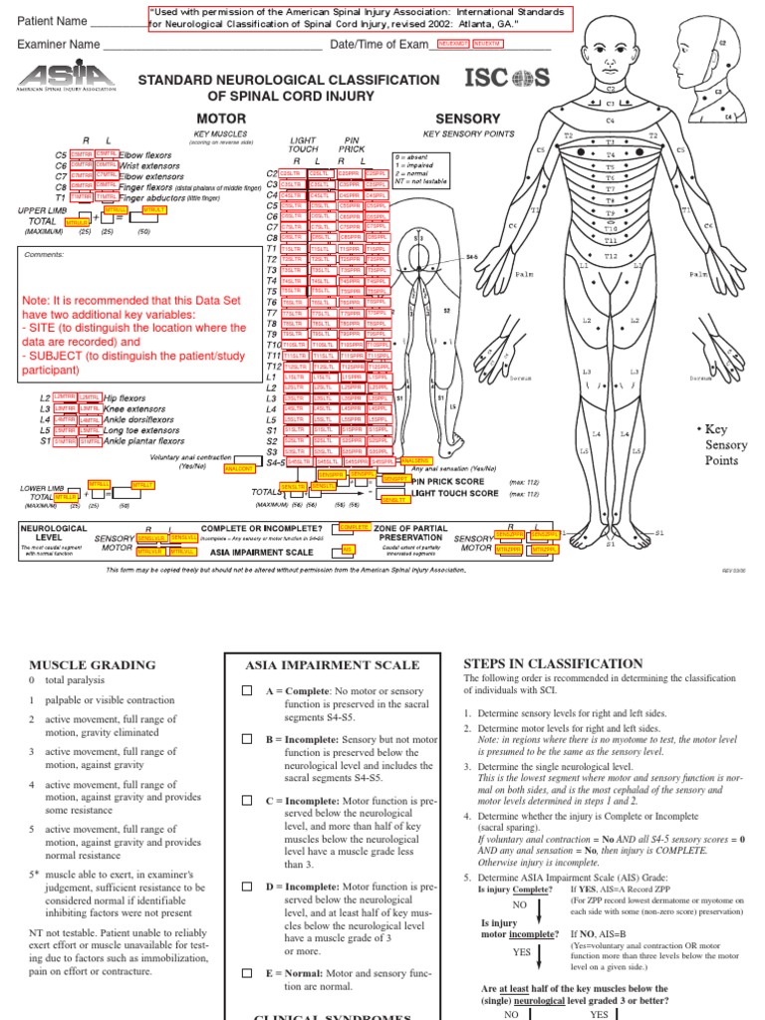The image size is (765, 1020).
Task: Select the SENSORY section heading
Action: click(x=467, y=119)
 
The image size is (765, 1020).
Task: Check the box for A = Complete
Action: click(x=247, y=690)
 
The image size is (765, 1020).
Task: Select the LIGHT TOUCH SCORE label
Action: click(x=454, y=493)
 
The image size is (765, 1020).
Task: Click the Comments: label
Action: click(x=42, y=254)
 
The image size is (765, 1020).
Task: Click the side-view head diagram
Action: click(x=718, y=70)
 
